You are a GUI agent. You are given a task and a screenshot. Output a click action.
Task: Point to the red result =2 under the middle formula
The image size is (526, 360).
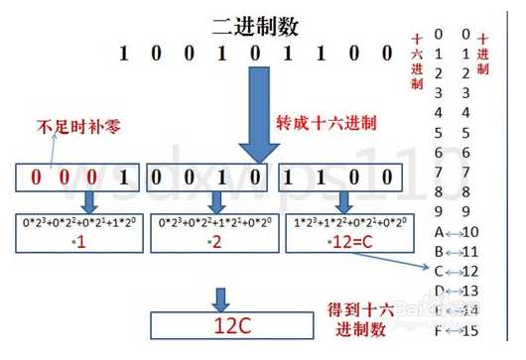[212, 244]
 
